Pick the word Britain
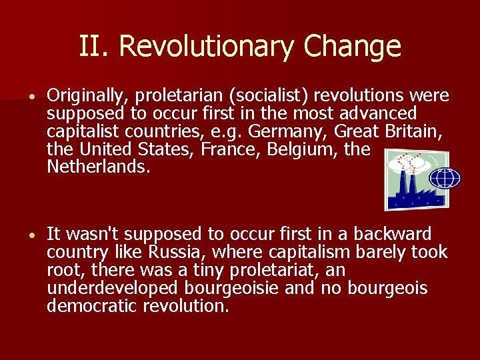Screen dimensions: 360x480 click(x=413, y=132)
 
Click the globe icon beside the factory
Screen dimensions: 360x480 click(x=445, y=179)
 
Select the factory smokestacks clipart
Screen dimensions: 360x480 click(x=409, y=180)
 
